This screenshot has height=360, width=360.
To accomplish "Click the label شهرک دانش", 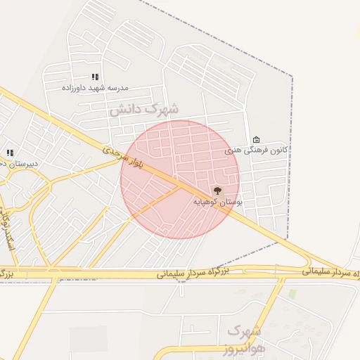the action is click(144, 109).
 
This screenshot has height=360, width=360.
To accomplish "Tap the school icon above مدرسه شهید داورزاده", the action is click(95, 77).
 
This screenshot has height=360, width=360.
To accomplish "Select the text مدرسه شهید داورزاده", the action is click(95, 88).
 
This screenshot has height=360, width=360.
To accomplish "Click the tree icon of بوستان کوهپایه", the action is click(217, 191).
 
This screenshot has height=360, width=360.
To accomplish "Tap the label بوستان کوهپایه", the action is click(218, 202).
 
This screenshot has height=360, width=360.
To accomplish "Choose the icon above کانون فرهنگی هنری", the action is click(256, 139).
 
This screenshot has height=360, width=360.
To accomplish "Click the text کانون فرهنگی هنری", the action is click(257, 150).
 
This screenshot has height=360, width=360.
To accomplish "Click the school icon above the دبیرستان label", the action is click(10, 153).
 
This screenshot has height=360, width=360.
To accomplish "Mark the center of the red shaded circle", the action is click(180, 179).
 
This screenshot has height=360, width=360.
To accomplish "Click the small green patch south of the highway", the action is click(292, 294).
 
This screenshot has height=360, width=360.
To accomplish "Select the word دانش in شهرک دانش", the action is click(125, 110).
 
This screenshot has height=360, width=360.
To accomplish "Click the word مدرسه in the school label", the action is click(118, 88).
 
